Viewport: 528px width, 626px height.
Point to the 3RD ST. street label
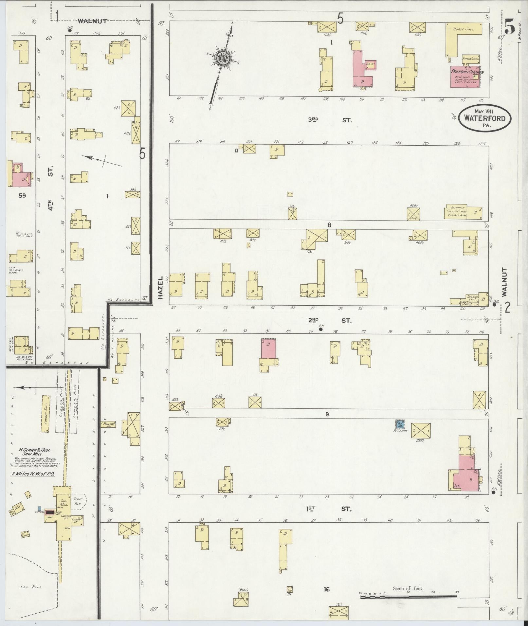(x=330, y=120)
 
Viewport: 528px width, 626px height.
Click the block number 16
(x=326, y=589)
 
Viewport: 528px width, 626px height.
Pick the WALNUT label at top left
(x=92, y=21)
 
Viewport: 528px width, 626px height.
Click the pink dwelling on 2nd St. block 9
(x=268, y=349)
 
